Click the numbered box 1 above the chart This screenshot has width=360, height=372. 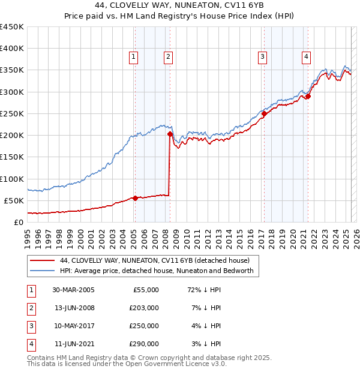(133, 57)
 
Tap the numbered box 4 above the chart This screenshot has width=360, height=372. (306, 57)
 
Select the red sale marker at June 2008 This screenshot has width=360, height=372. (170, 134)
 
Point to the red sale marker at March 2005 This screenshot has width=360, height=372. (135, 198)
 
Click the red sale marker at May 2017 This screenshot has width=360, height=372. (264, 113)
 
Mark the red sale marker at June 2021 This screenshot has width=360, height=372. (308, 96)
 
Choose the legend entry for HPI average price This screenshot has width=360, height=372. (157, 271)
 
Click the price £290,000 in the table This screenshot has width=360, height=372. (145, 344)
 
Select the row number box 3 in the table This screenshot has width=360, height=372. (31, 326)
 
